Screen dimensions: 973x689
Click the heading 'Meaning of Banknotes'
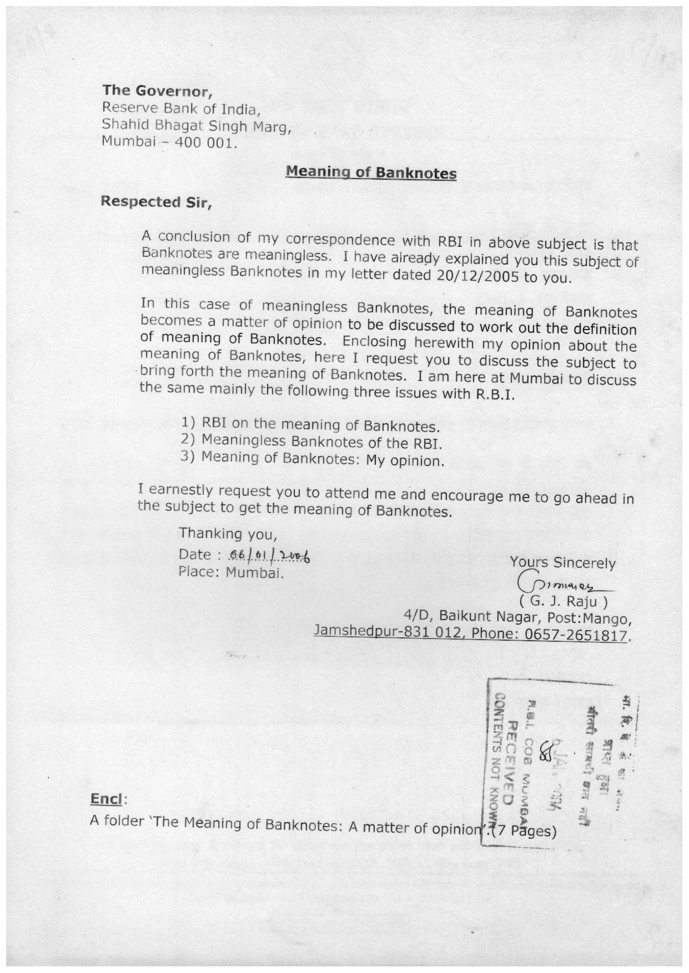pos(371,173)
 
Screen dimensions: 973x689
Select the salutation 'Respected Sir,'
pos(156,202)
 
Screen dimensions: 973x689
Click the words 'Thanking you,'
pos(228,534)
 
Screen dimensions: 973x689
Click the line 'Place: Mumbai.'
pos(232,572)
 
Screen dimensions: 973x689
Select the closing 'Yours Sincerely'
pos(562,563)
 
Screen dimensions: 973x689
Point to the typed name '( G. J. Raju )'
pos(563,601)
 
